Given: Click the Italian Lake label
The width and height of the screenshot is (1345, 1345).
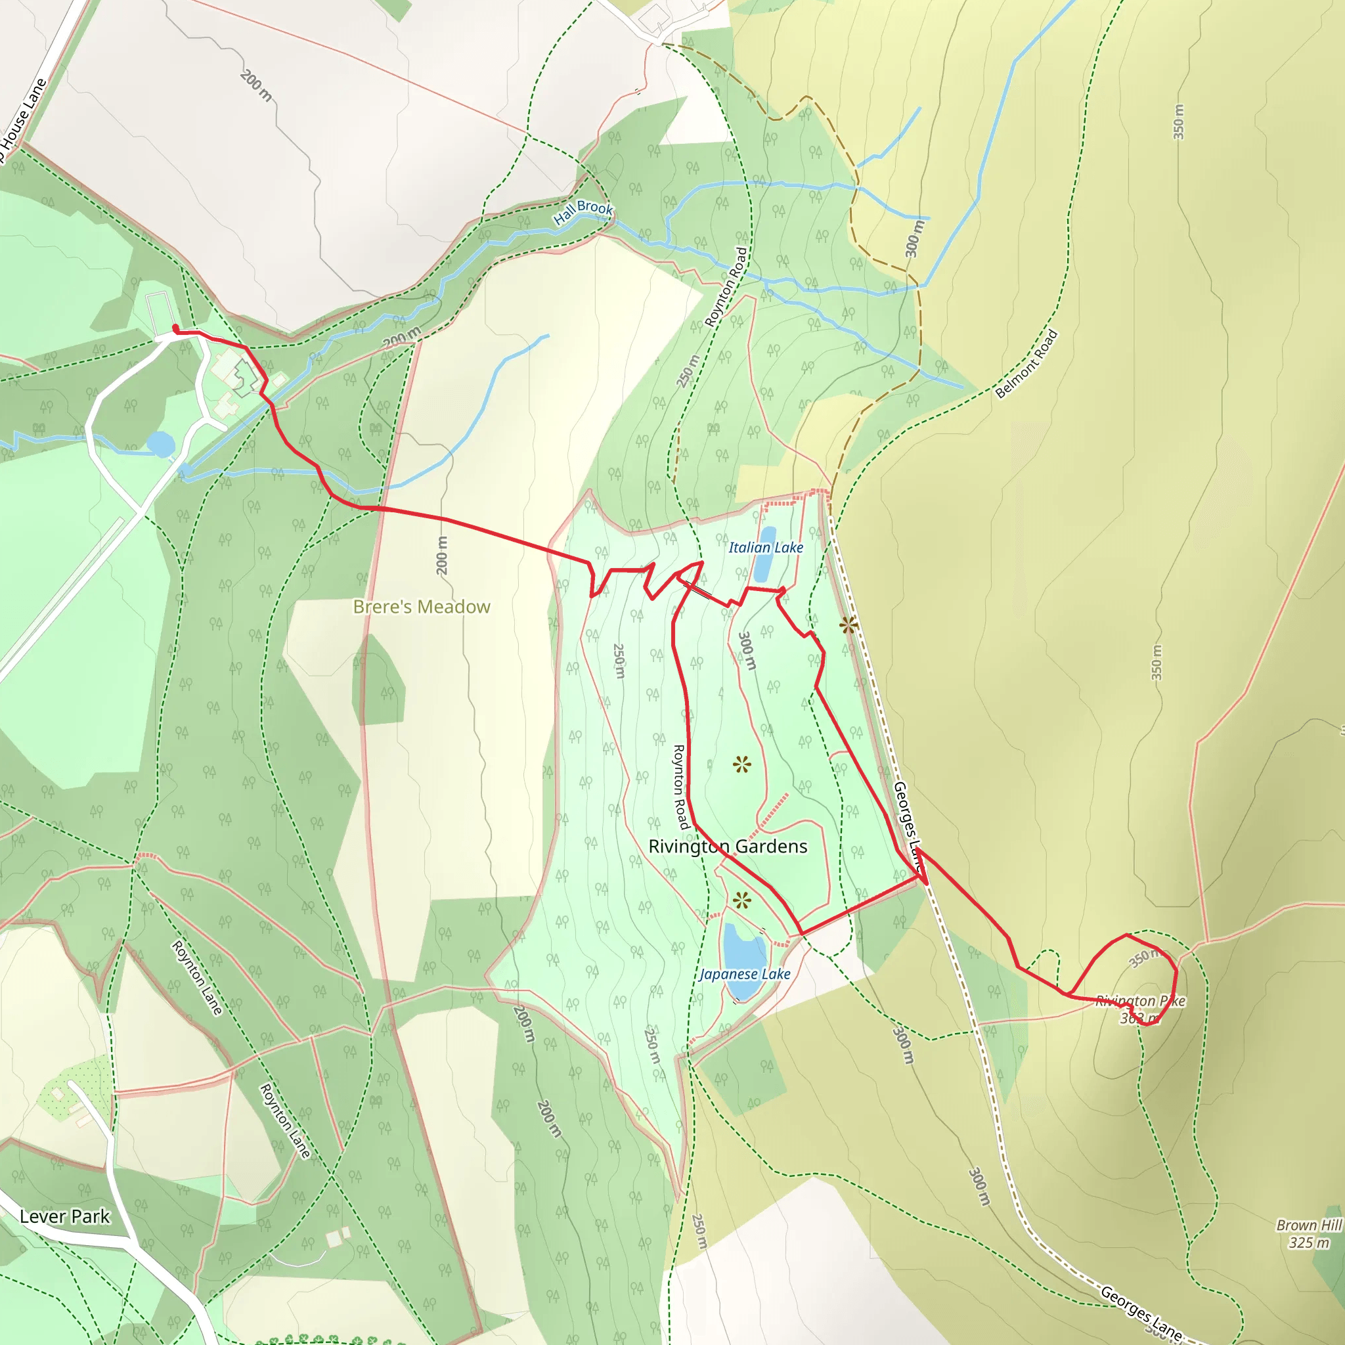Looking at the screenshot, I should (x=765, y=548).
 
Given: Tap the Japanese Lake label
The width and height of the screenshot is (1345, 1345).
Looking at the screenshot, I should (x=744, y=974).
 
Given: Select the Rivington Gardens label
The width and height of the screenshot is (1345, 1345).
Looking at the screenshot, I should (x=728, y=847).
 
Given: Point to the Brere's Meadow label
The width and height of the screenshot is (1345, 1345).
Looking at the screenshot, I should (x=421, y=607).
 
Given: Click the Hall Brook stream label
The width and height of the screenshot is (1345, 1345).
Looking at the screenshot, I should (x=583, y=211).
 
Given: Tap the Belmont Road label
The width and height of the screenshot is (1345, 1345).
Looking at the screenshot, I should (x=1026, y=363).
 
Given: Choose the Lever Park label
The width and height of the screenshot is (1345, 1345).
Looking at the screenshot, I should (x=64, y=1217).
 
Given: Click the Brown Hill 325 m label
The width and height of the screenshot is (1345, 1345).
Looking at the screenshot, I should (x=1308, y=1234).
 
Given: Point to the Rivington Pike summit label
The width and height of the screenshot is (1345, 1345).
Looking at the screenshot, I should (x=1139, y=1009).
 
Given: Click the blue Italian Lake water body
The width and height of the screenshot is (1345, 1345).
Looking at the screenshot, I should (x=764, y=557).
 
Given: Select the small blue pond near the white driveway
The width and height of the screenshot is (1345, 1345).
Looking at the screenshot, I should (x=160, y=443).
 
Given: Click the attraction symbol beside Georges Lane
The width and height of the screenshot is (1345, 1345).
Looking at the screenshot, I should (x=847, y=625).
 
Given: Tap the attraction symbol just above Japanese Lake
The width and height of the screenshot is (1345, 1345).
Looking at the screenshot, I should (x=742, y=901).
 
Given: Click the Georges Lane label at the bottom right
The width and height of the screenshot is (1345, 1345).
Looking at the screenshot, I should (x=1141, y=1313).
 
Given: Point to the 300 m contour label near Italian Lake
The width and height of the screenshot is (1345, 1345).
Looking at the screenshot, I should (x=746, y=651).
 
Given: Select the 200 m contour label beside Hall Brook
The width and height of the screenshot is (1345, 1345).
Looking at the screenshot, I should (x=402, y=338).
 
